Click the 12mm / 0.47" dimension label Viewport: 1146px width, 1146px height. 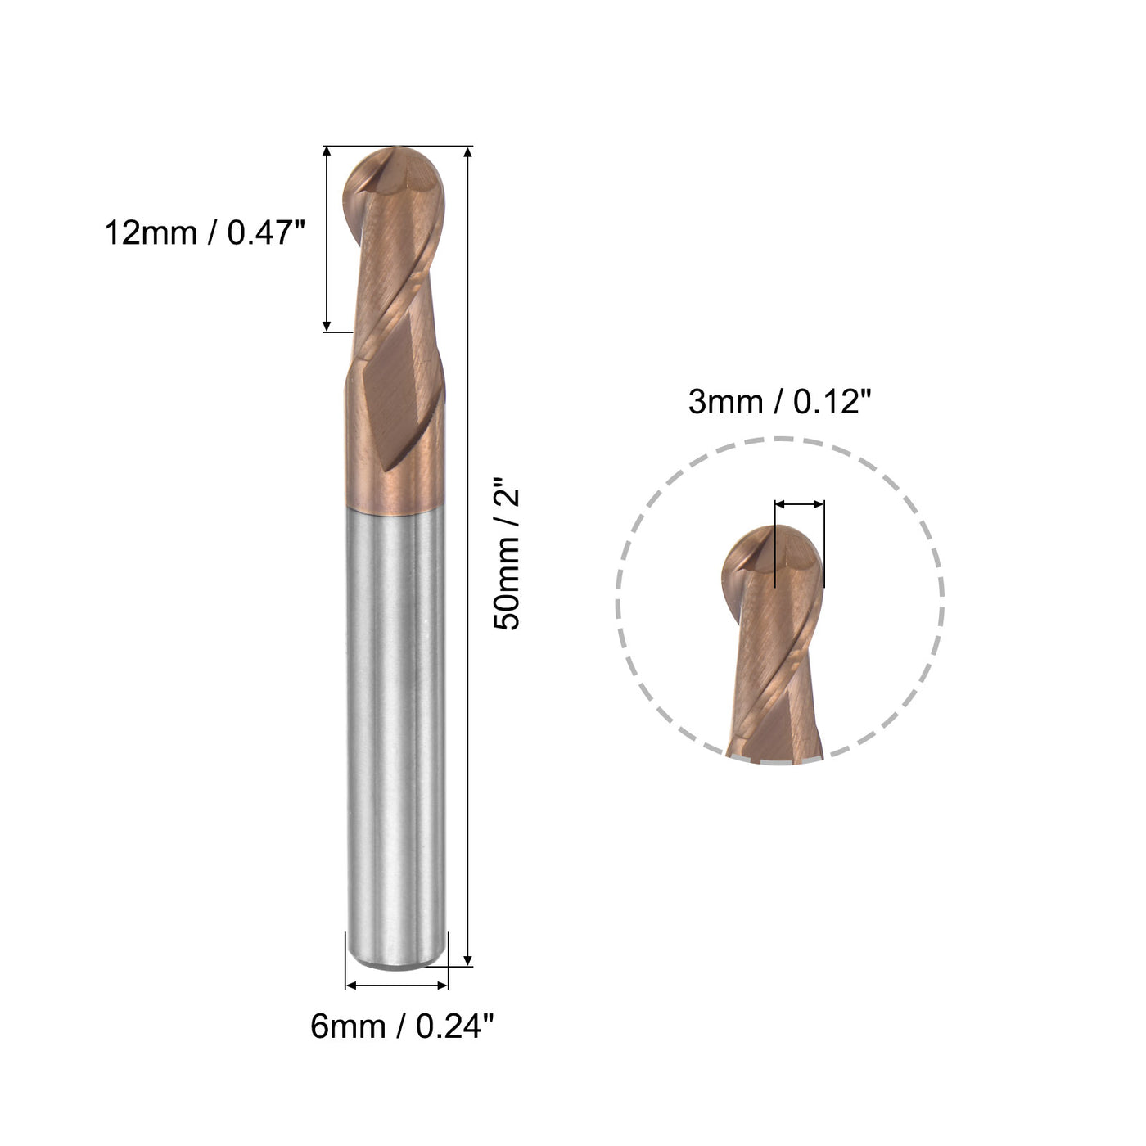(204, 233)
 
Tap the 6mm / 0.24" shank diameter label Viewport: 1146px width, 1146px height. (402, 1026)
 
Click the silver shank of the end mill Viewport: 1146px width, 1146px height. (396, 720)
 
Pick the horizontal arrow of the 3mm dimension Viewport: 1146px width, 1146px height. (799, 504)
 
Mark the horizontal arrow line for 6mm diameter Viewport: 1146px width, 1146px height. (398, 986)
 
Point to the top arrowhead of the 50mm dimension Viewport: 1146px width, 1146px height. (468, 152)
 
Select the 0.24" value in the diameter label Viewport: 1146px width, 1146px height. (455, 1026)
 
